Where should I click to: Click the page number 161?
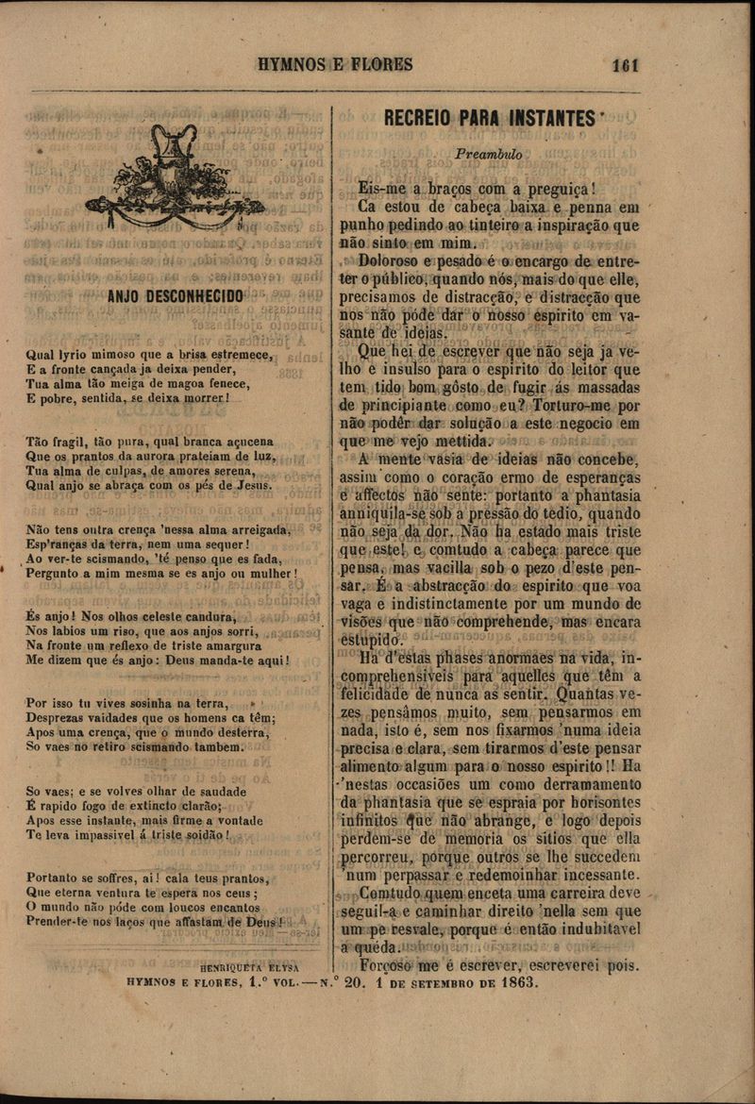coord(625,65)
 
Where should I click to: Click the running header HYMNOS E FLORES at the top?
coord(335,65)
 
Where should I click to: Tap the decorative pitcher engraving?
coord(174,178)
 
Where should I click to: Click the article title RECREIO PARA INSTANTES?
coord(488,119)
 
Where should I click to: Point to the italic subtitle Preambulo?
coord(488,153)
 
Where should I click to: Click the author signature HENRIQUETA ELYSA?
coord(250,967)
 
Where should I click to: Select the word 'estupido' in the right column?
coord(371,641)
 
